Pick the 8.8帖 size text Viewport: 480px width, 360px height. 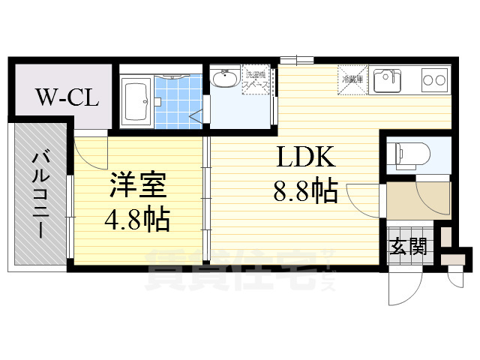[304, 192]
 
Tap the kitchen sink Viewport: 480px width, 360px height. [388, 78]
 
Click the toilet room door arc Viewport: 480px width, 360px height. [430, 199]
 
